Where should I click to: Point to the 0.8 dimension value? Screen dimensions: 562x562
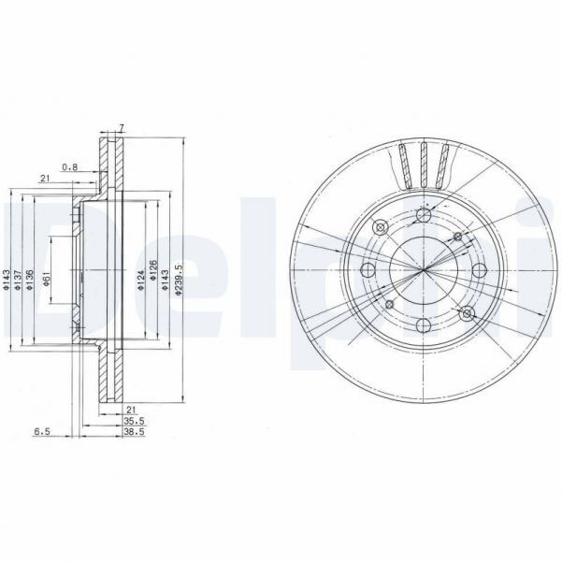69,167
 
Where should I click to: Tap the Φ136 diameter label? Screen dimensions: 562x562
31,278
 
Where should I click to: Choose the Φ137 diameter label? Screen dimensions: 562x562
20,278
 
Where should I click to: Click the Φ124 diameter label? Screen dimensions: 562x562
138,279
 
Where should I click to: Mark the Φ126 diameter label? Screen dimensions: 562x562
152,279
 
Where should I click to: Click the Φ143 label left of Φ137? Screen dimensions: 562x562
7,278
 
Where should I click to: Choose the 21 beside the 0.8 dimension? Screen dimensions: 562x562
44,178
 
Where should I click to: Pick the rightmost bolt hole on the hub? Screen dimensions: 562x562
480,270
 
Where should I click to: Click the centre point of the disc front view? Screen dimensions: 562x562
423,270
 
